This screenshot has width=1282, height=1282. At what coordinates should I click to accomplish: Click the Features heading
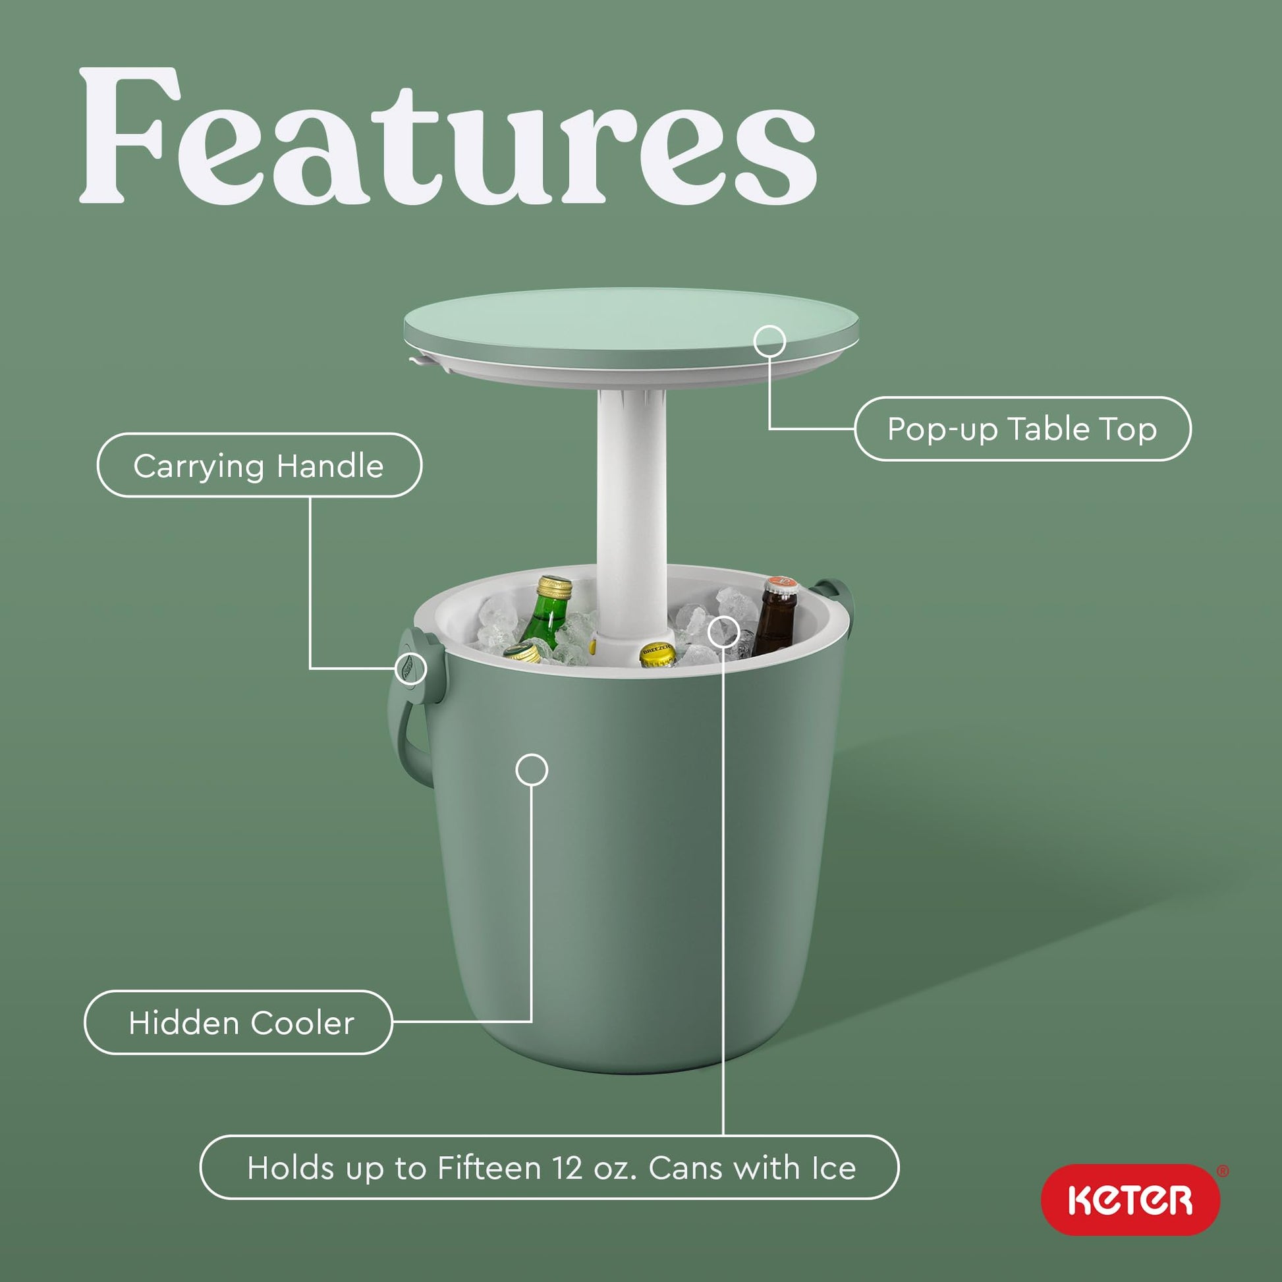pos(447,136)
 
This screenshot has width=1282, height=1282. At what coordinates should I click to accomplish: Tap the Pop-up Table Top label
pos(1022,429)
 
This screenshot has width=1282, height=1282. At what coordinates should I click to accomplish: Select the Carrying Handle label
pos(259,465)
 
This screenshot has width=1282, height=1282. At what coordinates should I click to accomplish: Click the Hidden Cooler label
pos(241,1022)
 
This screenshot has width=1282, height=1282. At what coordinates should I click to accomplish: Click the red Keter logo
pos(1130,1200)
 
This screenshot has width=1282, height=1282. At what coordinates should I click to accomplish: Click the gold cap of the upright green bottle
pos(555,588)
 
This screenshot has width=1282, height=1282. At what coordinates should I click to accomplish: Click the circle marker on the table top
pos(769,342)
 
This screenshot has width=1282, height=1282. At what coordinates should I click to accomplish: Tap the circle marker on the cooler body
pos(532,769)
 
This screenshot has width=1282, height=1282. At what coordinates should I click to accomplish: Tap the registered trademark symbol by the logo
pos(1223,1171)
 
